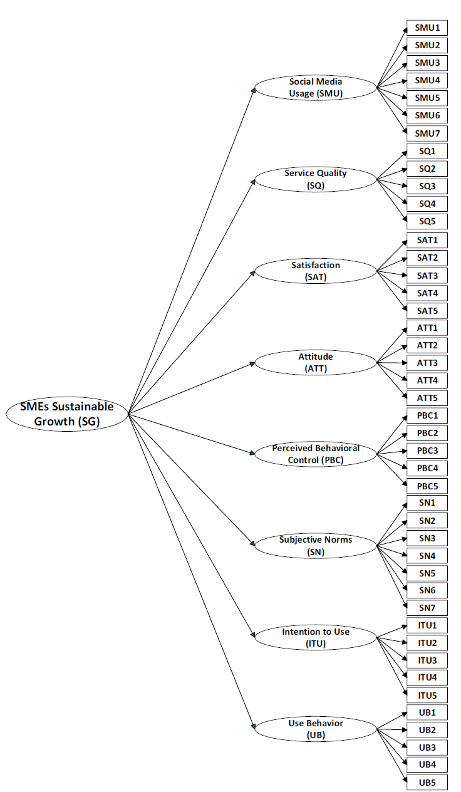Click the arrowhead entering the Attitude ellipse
252,363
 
